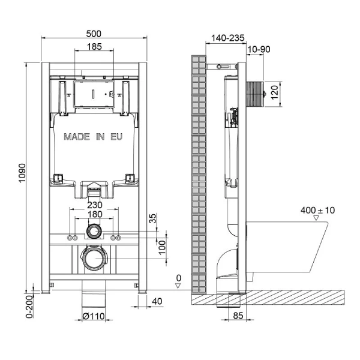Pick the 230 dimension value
[93, 204]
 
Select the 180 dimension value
[93, 214]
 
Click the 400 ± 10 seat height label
[318, 211]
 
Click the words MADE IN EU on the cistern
[93, 137]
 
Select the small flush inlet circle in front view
[93, 231]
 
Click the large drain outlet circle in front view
[93, 259]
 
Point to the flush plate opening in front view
[93, 95]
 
